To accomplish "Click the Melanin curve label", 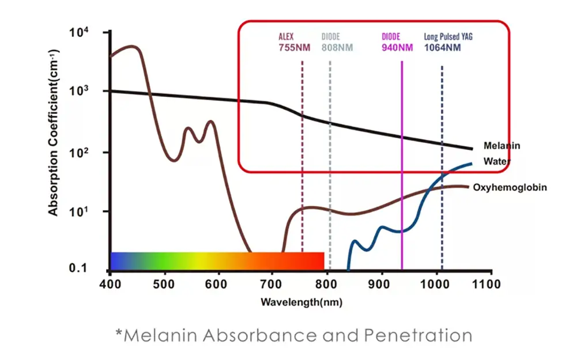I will coord(501,146).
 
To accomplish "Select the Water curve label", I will coord(495,161).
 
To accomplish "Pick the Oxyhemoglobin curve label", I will coord(510,187).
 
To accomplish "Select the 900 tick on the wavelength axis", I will coord(380,284).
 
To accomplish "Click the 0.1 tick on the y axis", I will coord(80,268).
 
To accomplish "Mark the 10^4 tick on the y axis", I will coord(79,32).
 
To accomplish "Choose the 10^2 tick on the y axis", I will coord(79,153).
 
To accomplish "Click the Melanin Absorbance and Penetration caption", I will coord(293,335).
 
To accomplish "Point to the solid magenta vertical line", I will coord(402,173).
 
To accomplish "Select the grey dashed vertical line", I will coord(330,173).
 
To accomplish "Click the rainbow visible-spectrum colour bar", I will coord(217,260).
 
